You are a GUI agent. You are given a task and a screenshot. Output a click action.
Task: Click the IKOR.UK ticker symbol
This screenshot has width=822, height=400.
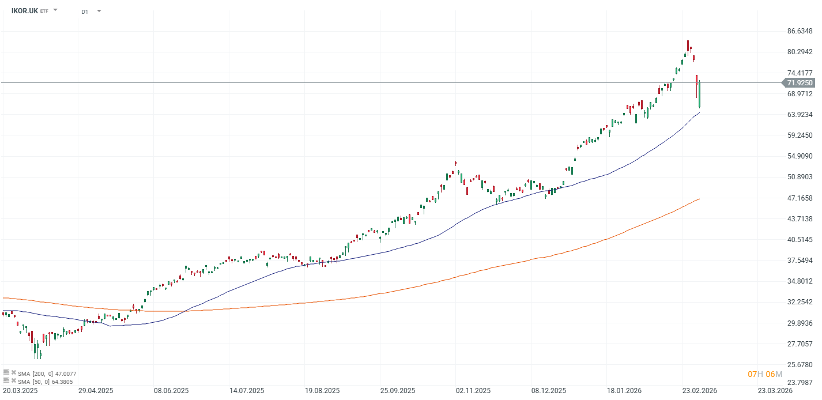click(25, 10)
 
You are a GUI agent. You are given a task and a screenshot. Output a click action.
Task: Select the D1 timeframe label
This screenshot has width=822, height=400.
click(85, 11)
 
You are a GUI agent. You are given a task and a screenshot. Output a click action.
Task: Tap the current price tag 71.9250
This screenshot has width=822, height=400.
click(800, 83)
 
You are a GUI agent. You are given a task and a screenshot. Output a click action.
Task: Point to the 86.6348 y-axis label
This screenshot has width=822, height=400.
click(800, 31)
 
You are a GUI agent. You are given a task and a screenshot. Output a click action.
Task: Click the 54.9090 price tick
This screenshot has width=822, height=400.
click(800, 156)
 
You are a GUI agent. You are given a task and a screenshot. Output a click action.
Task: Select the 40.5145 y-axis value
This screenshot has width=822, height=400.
click(800, 240)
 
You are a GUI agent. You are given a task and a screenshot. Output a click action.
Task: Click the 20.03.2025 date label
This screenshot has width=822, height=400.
click(20, 391)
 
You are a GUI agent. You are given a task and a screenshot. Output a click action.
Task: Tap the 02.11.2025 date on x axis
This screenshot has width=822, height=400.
click(473, 391)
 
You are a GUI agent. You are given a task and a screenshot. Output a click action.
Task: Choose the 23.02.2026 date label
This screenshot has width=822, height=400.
click(699, 391)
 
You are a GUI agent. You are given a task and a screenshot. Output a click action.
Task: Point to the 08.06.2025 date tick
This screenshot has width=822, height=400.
click(172, 391)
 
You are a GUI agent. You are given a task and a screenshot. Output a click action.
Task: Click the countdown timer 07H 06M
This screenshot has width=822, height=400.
click(765, 374)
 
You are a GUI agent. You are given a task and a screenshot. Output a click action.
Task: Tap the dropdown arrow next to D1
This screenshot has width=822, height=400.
click(99, 11)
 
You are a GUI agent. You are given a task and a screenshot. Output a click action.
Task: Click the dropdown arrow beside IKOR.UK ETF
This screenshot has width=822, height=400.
click(55, 10)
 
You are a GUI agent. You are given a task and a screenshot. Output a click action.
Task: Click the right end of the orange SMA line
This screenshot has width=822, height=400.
click(699, 199)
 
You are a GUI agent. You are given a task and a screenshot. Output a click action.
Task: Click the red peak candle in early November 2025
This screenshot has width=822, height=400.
click(455, 163)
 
